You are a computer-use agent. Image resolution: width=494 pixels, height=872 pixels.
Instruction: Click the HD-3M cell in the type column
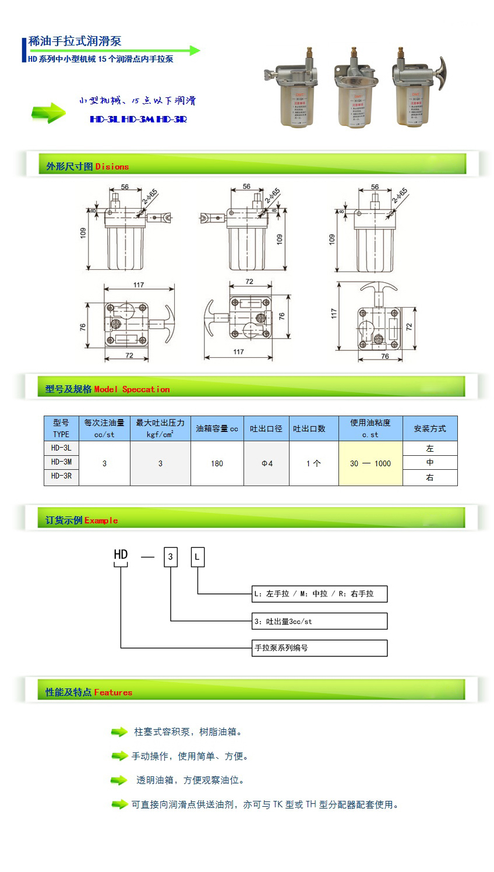tap(61, 462)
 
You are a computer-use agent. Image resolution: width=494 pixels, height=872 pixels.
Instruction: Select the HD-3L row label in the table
tap(61, 448)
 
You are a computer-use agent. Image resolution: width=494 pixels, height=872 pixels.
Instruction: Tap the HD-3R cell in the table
tap(61, 476)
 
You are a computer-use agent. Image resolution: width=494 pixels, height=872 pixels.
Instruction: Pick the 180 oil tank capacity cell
tap(217, 463)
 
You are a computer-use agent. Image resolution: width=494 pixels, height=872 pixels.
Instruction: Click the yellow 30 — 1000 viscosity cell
tap(370, 463)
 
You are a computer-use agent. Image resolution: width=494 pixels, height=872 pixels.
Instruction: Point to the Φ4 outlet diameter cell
tap(267, 463)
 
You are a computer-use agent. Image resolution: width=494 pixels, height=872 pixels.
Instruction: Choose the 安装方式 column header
tap(430, 428)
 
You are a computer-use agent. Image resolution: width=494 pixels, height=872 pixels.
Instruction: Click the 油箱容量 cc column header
tap(217, 428)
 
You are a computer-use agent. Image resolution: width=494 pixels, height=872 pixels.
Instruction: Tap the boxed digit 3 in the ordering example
tap(171, 557)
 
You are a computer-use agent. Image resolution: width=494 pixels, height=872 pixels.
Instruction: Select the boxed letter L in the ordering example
tap(197, 557)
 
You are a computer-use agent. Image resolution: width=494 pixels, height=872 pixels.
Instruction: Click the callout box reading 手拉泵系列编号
tap(319, 648)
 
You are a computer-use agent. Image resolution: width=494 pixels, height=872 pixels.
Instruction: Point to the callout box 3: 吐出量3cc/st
tap(319, 621)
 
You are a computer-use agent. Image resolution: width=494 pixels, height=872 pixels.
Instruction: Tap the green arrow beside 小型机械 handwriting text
tap(48, 112)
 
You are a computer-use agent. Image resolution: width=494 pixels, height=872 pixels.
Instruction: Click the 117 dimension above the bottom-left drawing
tap(139, 285)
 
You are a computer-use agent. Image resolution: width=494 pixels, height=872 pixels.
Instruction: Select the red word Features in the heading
tap(113, 692)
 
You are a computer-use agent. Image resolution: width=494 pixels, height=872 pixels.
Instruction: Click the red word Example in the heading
tap(101, 521)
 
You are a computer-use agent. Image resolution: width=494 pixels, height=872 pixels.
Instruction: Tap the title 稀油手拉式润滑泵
tap(75, 41)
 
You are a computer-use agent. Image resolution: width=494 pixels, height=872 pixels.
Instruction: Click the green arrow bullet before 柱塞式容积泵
tap(119, 732)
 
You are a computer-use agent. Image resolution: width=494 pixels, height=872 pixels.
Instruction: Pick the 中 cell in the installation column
tap(430, 462)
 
